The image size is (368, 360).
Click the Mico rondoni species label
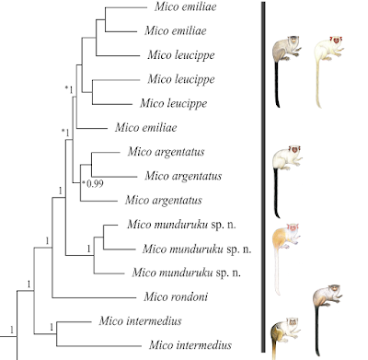[x=176, y=296]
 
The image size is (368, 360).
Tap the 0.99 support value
[x=95, y=183]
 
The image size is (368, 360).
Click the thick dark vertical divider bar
[x=263, y=177]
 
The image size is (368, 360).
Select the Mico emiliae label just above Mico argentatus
[x=146, y=127]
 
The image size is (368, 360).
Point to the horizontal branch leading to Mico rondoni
[x=94, y=297]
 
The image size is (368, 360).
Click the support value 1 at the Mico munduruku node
[x=89, y=249]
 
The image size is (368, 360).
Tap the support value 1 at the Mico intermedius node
[x=52, y=327]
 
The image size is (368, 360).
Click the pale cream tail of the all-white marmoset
[x=318, y=83]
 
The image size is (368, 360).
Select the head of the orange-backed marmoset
[x=293, y=227]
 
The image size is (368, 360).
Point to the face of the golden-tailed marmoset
[x=293, y=322]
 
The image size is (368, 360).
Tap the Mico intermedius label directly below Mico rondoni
[x=140, y=321]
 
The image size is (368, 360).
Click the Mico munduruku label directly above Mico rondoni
[x=186, y=273]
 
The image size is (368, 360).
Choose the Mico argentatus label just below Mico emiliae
[x=166, y=152]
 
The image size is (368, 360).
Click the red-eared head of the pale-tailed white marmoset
[x=337, y=40]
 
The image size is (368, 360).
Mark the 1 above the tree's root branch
[x=12, y=330]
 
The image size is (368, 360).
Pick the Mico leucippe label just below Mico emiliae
[x=181, y=55]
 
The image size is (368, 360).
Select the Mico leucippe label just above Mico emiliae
[x=173, y=103]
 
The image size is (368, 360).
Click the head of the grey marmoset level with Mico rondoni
[x=335, y=289]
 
